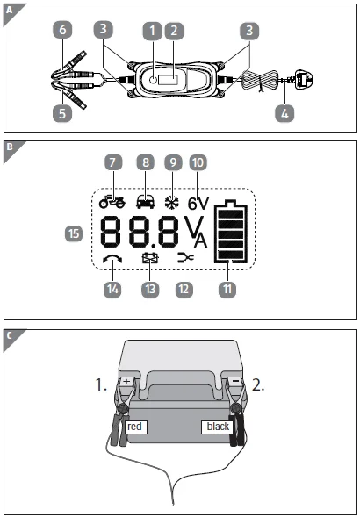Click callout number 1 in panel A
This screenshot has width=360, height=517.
click(154, 31)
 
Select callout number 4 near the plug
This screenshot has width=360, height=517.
click(283, 112)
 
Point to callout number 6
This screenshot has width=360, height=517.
click(61, 30)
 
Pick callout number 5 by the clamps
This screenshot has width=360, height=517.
click(61, 112)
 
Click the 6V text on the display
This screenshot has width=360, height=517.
click(198, 202)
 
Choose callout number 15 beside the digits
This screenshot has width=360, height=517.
click(75, 233)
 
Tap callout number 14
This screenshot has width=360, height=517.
click(112, 287)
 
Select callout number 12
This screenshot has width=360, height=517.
click(183, 287)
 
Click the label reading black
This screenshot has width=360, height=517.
click(217, 427)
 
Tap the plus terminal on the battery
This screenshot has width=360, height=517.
click(127, 383)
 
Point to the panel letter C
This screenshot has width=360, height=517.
click(9, 334)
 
